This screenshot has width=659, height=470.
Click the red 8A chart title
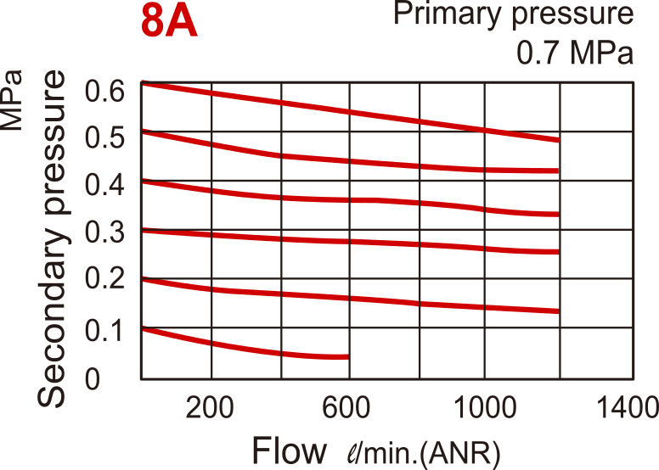(x=169, y=24)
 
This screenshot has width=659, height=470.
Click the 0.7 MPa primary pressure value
(x=575, y=53)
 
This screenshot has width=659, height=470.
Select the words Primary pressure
(x=515, y=14)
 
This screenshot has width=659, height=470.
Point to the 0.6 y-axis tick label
(x=105, y=90)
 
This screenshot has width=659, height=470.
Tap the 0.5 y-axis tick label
(x=105, y=137)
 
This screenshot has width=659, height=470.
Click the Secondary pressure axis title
(x=53, y=238)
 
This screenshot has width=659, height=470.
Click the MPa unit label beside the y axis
(x=13, y=99)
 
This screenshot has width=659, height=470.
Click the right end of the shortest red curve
(x=347, y=356)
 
